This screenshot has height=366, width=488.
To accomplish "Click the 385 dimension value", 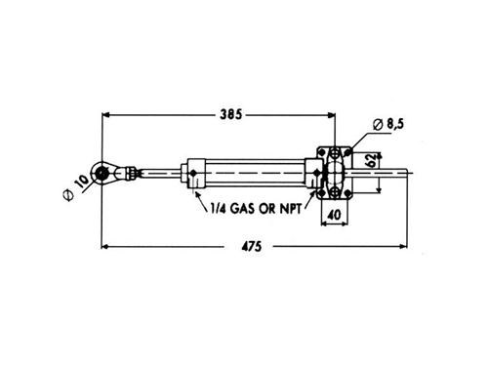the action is tap(231, 114).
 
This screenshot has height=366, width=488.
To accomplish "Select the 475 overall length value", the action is tap(252, 246).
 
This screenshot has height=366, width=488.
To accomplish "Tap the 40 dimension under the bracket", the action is tap(334, 215).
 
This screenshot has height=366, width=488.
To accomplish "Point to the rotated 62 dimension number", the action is tap(371, 161).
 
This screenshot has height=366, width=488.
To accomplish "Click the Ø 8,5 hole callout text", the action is tap(388, 124).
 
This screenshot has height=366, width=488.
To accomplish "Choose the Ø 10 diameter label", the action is tap(76, 187).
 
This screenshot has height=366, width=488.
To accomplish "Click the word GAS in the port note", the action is tap(242, 208).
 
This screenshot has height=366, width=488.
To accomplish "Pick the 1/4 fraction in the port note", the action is tap(219, 208).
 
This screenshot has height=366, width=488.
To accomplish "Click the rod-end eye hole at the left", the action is tap(102, 173).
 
